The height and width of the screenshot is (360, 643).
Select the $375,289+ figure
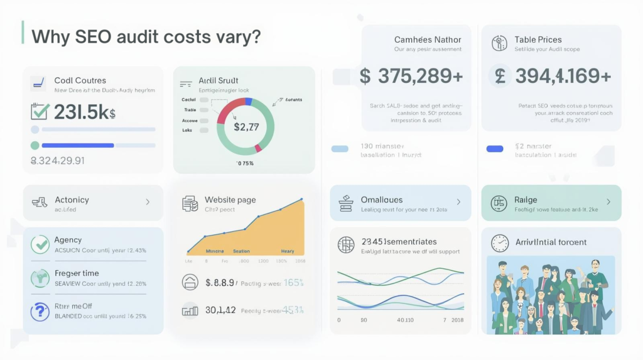point(411,76)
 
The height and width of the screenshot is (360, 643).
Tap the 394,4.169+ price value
point(553,76)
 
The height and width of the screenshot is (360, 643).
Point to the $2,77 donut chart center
point(246,127)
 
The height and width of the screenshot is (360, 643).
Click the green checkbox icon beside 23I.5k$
point(40,112)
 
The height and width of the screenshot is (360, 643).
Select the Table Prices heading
point(538,40)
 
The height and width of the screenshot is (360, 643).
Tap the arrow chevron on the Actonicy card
point(148,202)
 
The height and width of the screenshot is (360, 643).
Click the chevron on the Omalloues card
point(458,202)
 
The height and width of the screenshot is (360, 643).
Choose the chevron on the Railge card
point(608,202)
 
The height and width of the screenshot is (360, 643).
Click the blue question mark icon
point(40,310)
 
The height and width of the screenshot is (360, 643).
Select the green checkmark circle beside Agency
point(40,244)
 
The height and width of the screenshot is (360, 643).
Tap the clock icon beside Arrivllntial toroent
point(500,243)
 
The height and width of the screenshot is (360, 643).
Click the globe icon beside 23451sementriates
point(346,245)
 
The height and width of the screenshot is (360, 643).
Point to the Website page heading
point(230,200)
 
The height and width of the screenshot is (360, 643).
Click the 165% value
point(293,283)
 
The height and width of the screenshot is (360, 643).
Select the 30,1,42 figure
point(220,309)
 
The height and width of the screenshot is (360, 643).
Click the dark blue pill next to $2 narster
point(495,150)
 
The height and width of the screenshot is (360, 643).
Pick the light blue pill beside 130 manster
point(340,150)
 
